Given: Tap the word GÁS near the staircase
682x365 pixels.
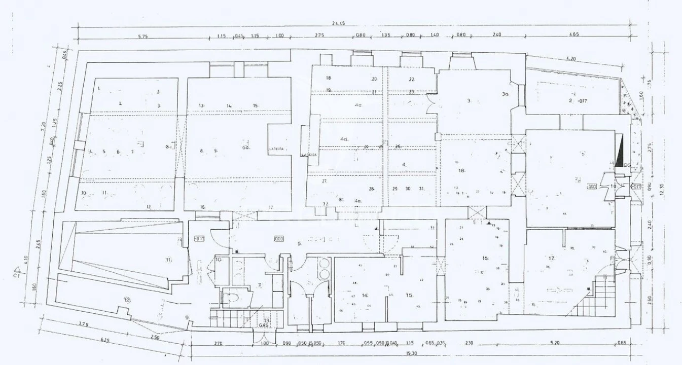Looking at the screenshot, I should pos(263,325).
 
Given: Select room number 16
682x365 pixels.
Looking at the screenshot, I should pos(485,259).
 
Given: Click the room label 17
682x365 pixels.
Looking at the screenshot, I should pos(551,259).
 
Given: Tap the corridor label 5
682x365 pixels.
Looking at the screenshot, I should pos(300,244).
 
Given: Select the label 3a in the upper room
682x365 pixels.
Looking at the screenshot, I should pos(505,94).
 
